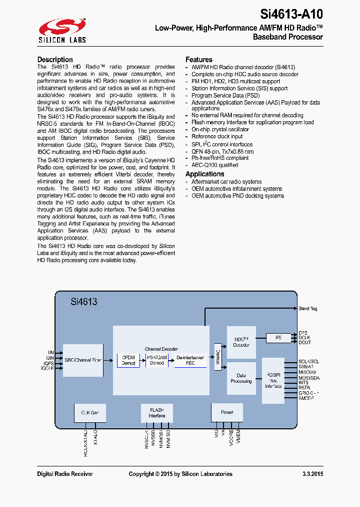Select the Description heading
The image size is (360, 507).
click(x=55, y=60)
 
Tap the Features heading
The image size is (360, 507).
click(x=199, y=60)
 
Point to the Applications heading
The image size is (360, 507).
click(x=205, y=174)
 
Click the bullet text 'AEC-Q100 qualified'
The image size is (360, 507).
click(x=214, y=165)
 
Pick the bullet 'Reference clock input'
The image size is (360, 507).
click(x=217, y=136)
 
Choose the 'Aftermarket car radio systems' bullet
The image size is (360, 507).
click(x=226, y=182)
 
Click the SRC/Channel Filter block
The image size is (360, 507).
click(x=83, y=360)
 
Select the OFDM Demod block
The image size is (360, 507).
click(x=128, y=360)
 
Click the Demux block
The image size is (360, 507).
click(x=217, y=357)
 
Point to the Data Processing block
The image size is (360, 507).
click(x=241, y=378)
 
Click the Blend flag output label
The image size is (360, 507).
click(x=307, y=309)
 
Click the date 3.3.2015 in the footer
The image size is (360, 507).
click(x=312, y=474)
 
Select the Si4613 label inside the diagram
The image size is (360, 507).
click(x=84, y=302)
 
